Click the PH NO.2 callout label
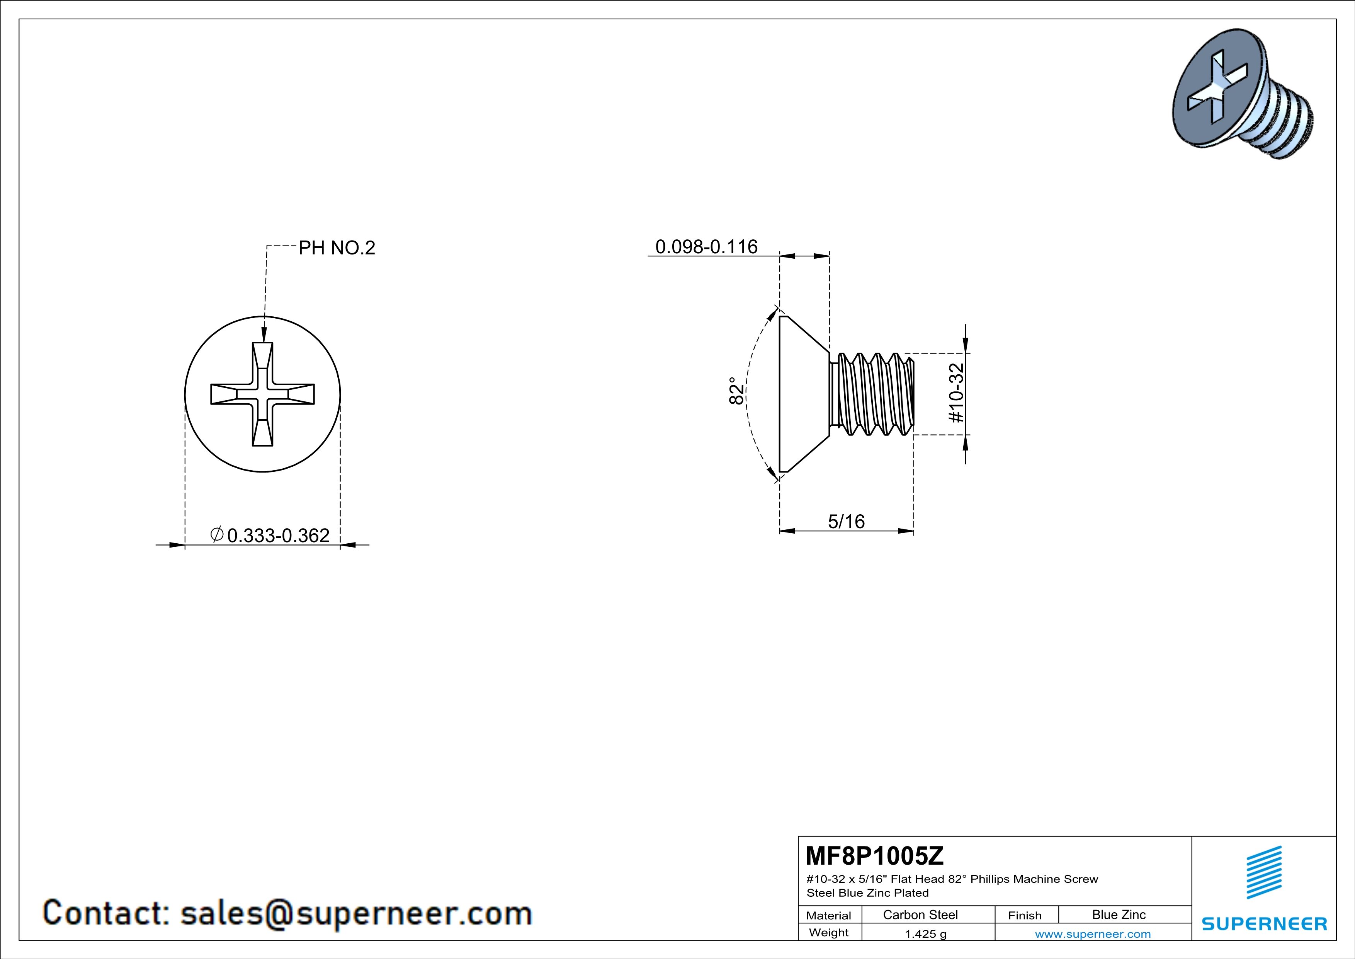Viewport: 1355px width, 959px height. [337, 247]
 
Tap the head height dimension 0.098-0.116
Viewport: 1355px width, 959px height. [706, 246]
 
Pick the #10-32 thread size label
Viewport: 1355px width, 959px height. [956, 393]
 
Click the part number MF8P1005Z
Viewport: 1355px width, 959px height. [875, 855]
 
